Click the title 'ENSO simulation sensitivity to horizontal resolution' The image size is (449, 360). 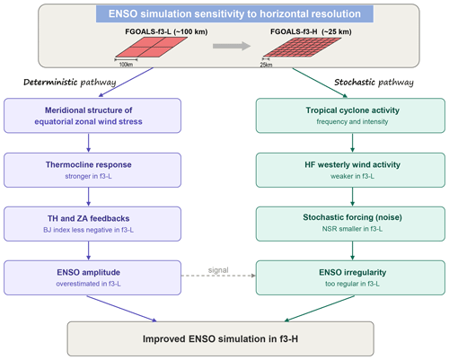coord(234,13)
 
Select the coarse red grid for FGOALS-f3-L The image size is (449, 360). coord(152,47)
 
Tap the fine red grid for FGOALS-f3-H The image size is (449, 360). coord(302,47)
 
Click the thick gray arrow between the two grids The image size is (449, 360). coord(232,46)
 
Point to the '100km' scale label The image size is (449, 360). coord(126,65)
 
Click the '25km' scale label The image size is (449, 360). coord(266,65)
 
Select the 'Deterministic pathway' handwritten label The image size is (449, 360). coord(70,83)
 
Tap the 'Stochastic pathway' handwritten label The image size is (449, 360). coord(374,83)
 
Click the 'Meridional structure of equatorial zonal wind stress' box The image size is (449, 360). coord(92,116)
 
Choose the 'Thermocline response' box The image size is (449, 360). coord(92,170)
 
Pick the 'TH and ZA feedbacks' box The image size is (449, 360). coord(92,224)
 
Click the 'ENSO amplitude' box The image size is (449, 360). coord(92,277)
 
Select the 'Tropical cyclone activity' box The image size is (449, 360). coord(350,116)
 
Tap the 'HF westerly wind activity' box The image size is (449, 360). coord(350,170)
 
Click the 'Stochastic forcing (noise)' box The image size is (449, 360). coord(350,224)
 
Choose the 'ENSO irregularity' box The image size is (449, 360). coord(350,277)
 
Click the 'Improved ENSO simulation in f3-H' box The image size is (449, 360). coord(221,338)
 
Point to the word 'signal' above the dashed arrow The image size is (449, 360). coord(218,270)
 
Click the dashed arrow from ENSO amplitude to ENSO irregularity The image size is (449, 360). coord(218,276)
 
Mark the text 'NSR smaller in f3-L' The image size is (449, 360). coord(352,229)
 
